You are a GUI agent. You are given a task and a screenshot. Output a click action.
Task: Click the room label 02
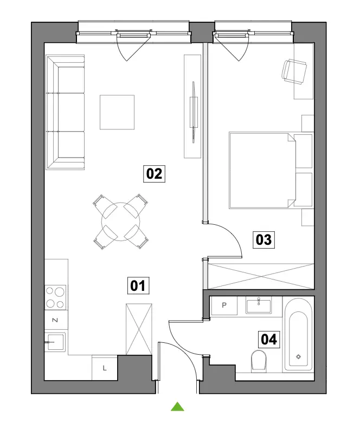[x=154, y=174]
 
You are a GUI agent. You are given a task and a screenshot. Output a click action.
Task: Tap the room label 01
[x=138, y=285]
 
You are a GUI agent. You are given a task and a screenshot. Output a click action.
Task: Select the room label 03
[x=263, y=240]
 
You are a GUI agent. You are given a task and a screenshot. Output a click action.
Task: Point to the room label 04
[x=269, y=340]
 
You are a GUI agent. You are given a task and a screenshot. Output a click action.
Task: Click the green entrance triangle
[x=177, y=407]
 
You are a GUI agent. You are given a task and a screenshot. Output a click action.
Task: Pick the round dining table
[x=120, y=222]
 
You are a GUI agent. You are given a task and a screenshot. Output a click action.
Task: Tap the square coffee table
[x=117, y=112]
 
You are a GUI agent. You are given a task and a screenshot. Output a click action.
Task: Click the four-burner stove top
[x=55, y=297]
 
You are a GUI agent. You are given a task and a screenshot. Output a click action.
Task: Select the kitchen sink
[x=55, y=342]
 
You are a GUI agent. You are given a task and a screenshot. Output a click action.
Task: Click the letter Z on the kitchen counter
[x=55, y=320]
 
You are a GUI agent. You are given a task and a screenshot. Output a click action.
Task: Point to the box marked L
[x=105, y=368]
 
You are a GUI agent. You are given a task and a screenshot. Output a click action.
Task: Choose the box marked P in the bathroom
[x=224, y=305]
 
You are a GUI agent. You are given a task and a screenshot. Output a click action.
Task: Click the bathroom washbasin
[x=259, y=305]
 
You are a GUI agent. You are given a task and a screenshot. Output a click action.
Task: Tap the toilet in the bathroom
[x=259, y=361]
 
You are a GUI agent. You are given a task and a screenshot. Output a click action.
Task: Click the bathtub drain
[x=299, y=357]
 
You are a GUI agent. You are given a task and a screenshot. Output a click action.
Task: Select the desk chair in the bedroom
[x=294, y=71]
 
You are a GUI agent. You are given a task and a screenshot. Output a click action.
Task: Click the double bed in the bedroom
[x=271, y=171]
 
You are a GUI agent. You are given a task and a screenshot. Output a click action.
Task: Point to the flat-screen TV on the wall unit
[x=194, y=112]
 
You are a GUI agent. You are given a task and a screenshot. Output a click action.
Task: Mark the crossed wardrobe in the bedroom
[x=261, y=276]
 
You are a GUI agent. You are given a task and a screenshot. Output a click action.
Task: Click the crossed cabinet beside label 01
[x=139, y=329]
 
